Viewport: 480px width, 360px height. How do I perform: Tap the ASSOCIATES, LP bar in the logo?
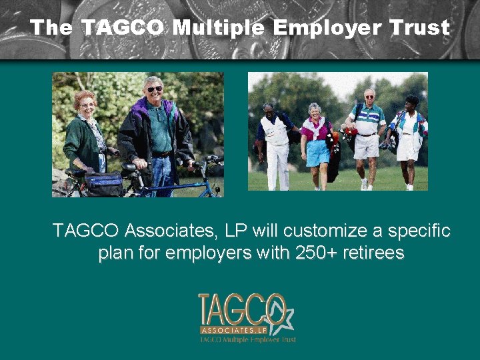point(235,330)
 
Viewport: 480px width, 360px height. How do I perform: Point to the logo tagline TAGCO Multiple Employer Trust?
point(248,339)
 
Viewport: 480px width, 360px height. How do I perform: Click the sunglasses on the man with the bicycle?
point(154,89)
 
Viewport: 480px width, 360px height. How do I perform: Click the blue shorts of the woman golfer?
point(317,153)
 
